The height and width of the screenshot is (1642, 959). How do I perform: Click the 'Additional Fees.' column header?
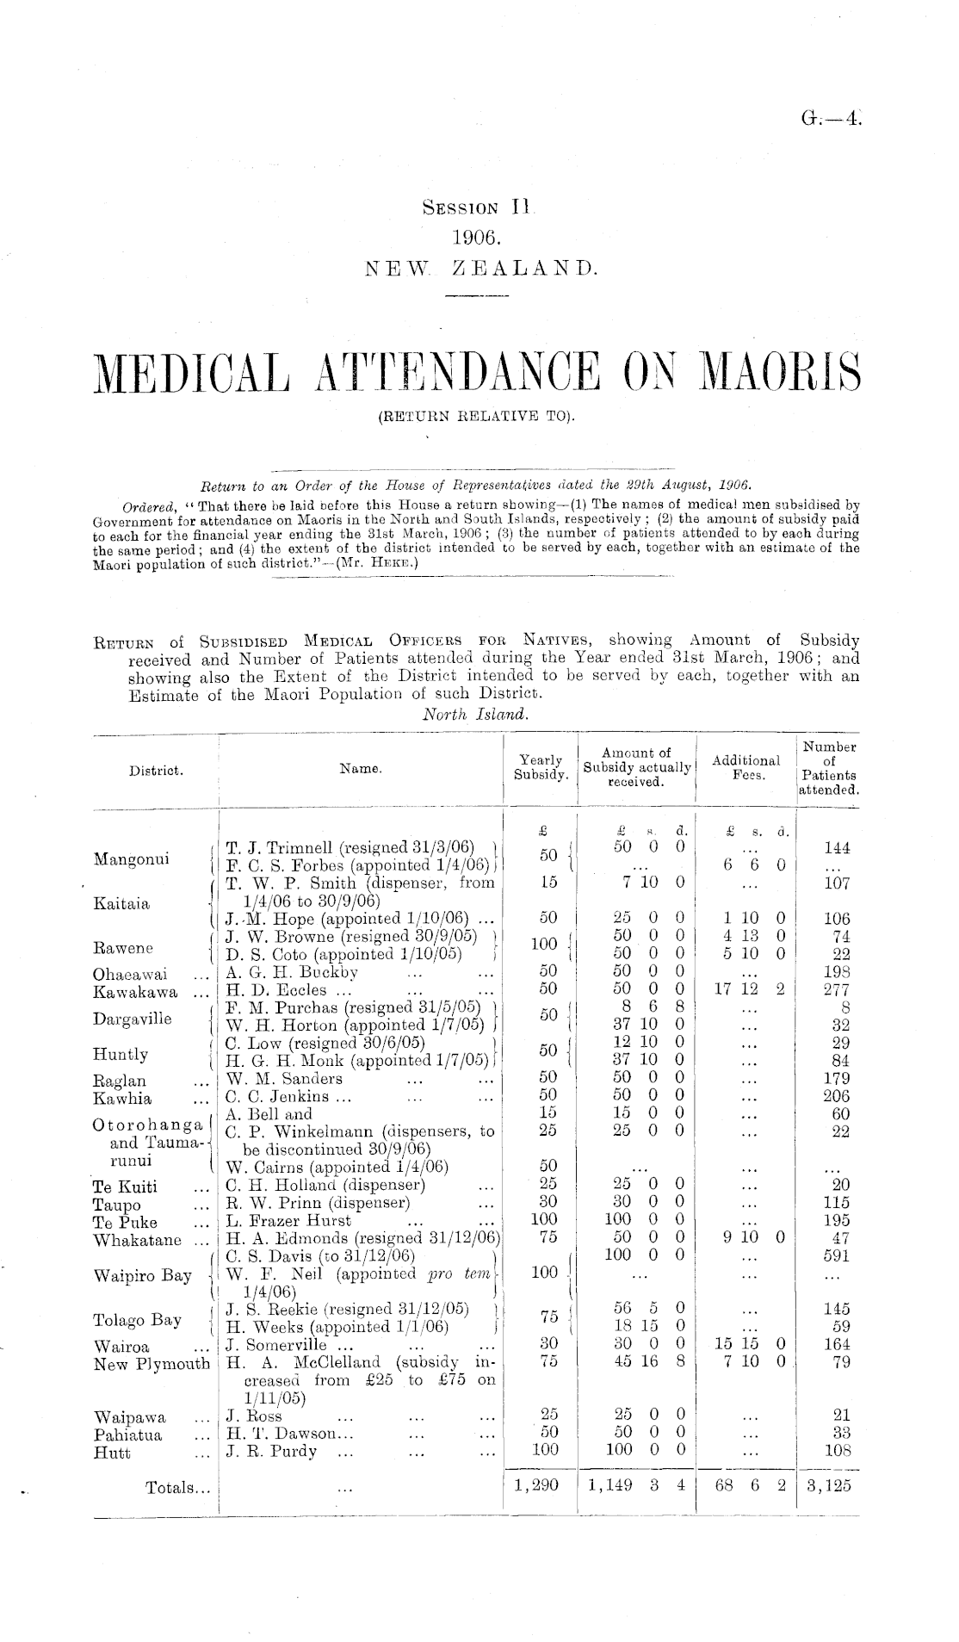click(x=746, y=767)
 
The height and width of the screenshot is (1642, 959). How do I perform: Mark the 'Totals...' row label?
click(x=177, y=1487)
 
